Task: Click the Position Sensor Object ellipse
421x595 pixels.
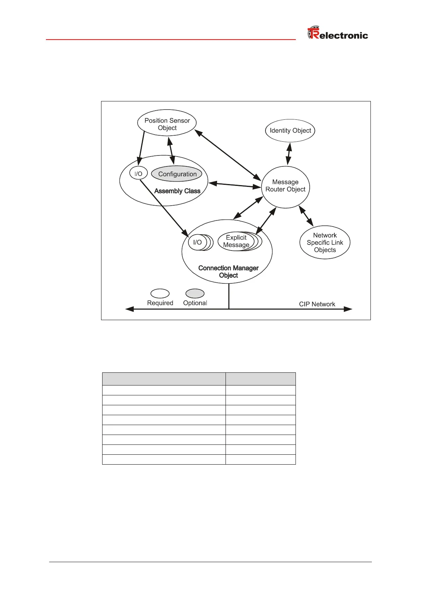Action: point(167,124)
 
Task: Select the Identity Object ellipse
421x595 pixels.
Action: point(290,130)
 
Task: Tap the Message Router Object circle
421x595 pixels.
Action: point(286,186)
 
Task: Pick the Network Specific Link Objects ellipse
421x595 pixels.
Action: point(325,242)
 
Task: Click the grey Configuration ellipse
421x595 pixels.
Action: point(177,174)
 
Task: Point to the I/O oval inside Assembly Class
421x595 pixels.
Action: point(138,173)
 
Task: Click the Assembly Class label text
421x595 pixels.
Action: point(177,191)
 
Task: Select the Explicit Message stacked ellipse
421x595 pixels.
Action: point(236,241)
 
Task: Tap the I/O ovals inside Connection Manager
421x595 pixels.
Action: point(199,242)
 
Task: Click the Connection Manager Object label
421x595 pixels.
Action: point(228,272)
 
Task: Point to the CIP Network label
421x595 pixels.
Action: point(317,304)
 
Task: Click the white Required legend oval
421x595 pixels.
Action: point(160,294)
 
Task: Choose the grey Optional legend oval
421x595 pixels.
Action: point(195,294)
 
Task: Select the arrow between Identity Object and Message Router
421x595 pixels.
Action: point(289,154)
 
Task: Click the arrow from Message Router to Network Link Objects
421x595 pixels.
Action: point(306,216)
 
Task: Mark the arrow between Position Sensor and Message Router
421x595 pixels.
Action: point(228,155)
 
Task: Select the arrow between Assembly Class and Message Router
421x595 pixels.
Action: point(235,185)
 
